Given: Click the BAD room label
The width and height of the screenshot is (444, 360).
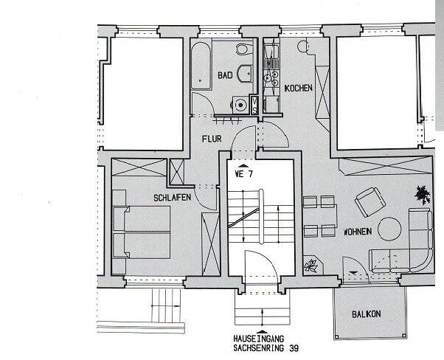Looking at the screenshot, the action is pyautogui.click(x=225, y=75).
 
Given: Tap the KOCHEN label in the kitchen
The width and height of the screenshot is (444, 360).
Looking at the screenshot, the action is pyautogui.click(x=299, y=88).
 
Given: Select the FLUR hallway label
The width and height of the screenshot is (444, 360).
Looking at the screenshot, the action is pyautogui.click(x=212, y=139).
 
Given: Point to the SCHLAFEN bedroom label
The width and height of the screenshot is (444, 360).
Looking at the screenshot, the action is pyautogui.click(x=172, y=198).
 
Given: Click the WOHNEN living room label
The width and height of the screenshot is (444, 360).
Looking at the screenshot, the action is pyautogui.click(x=358, y=232).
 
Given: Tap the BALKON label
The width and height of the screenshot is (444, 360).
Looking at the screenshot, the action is pyautogui.click(x=367, y=314).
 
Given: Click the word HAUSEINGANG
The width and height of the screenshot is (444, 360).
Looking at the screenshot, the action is pyautogui.click(x=259, y=339).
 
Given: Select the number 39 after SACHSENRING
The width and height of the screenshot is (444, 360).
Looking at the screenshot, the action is pyautogui.click(x=294, y=348).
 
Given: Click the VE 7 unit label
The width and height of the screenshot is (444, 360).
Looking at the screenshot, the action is pyautogui.click(x=244, y=174).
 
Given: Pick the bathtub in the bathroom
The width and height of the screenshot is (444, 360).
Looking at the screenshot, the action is pyautogui.click(x=201, y=66).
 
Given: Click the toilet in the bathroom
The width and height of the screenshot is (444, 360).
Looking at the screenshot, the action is pyautogui.click(x=244, y=49).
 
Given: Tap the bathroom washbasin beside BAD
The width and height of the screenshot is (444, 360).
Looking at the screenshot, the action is pyautogui.click(x=245, y=73).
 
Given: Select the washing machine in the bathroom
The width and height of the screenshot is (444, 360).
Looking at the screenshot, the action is pyautogui.click(x=240, y=105).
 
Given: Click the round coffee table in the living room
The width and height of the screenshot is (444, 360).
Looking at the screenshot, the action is pyautogui.click(x=389, y=229).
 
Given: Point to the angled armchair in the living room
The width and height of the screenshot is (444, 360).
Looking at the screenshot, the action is pyautogui.click(x=370, y=202).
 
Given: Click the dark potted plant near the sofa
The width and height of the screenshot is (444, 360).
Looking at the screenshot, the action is pyautogui.click(x=423, y=195).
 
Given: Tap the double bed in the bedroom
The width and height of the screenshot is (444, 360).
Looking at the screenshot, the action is pyautogui.click(x=142, y=232).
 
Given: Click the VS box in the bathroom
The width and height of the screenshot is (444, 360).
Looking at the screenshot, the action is pyautogui.click(x=254, y=105).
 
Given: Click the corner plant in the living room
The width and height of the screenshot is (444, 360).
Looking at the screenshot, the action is pyautogui.click(x=312, y=266).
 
